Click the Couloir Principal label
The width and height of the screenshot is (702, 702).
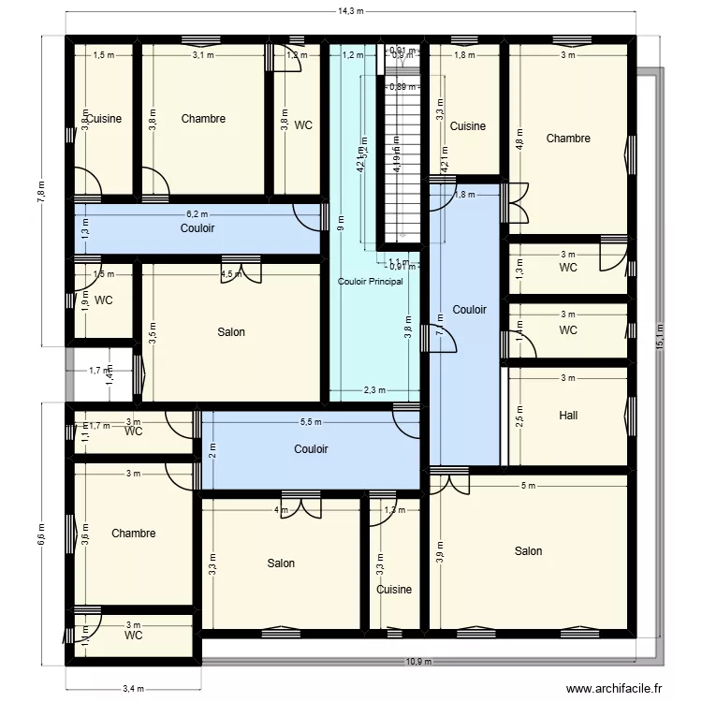click(x=370, y=281)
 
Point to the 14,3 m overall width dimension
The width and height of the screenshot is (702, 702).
click(x=350, y=11)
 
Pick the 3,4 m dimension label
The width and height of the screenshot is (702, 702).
click(x=133, y=689)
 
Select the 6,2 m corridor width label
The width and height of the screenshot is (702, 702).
click(x=197, y=213)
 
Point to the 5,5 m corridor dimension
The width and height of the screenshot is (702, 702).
click(x=311, y=422)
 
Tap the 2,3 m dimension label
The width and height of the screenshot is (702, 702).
click(x=375, y=391)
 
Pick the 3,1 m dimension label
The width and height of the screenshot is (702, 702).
click(x=202, y=55)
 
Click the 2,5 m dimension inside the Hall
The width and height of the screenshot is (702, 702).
click(x=520, y=415)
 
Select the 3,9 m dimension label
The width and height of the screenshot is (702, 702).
click(x=440, y=551)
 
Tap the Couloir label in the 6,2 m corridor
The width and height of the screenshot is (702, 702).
click(x=197, y=227)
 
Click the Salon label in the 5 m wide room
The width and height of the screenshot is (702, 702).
click(x=528, y=551)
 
